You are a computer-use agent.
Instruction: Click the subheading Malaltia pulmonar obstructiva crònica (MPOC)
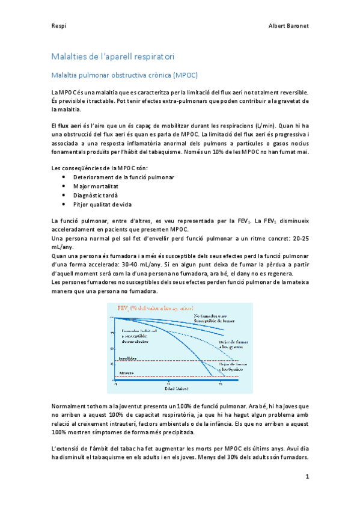coord(124,75)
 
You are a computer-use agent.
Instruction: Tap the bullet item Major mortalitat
coord(97,186)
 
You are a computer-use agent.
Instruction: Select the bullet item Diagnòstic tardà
coord(96,195)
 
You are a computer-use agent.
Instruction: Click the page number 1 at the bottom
coord(307,477)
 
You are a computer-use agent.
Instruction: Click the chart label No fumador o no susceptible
coord(213,318)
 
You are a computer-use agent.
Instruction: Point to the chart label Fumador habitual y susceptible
coord(139,334)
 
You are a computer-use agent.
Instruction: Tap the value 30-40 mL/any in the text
coord(174,265)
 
